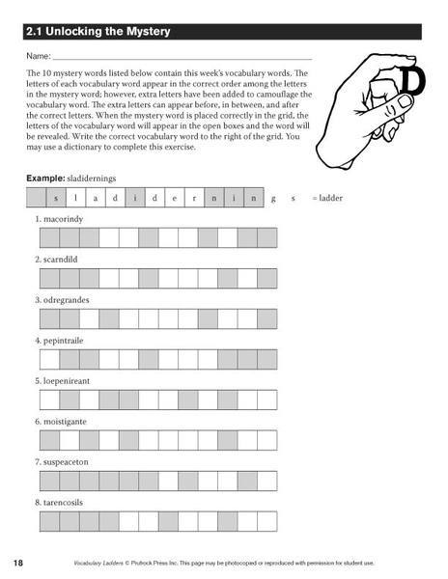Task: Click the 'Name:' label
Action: point(39,59)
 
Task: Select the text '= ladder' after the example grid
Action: point(328,198)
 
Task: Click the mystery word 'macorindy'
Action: point(64,219)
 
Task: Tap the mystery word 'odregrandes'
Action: point(66,300)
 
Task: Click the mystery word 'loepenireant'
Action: point(68,381)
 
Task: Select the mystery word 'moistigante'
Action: point(66,422)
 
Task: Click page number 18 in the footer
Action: point(18,563)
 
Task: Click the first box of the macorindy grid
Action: point(48,237)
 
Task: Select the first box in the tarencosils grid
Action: point(48,521)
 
